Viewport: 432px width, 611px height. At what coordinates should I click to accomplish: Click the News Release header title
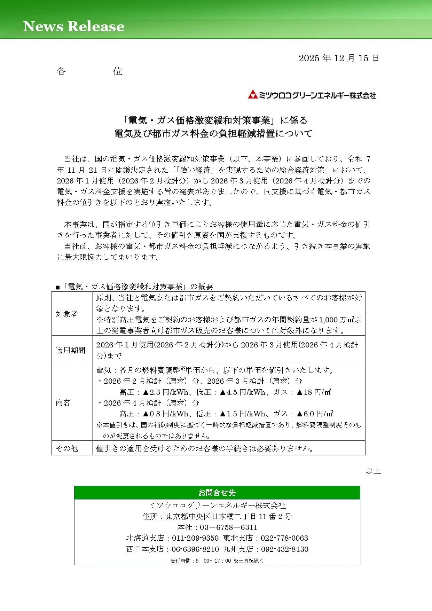pyautogui.click(x=73, y=26)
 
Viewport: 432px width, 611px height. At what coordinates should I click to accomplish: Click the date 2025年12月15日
pyautogui.click(x=338, y=58)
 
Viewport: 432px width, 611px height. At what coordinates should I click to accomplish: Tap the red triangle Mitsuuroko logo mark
pyautogui.click(x=252, y=94)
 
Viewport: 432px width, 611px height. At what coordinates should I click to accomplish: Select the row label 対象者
pyautogui.click(x=67, y=314)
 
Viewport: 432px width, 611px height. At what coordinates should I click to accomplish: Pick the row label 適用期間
pyautogui.click(x=70, y=350)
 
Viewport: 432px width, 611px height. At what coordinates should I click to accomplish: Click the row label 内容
pyautogui.click(x=63, y=403)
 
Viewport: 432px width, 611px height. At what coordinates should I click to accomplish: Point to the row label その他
pyautogui.click(x=67, y=448)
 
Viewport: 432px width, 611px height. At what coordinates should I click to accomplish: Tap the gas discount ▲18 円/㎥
pyautogui.click(x=313, y=392)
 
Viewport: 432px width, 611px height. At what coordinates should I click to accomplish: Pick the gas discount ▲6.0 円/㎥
pyautogui.click(x=315, y=414)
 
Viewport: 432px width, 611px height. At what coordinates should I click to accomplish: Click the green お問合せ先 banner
pyautogui.click(x=217, y=493)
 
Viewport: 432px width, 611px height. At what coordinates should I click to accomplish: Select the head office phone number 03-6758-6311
pyautogui.click(x=228, y=527)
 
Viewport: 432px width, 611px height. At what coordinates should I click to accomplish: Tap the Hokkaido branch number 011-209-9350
pyautogui.click(x=195, y=538)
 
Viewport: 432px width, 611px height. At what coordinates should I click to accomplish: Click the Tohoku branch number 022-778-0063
pyautogui.click(x=284, y=538)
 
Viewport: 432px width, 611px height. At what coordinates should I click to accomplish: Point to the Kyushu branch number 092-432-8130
pyautogui.click(x=285, y=549)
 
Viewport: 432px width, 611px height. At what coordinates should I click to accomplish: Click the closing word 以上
pyautogui.click(x=373, y=471)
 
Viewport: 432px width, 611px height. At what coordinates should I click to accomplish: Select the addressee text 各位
pyautogui.click(x=89, y=71)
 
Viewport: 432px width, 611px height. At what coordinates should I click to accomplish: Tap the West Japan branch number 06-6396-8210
pyautogui.click(x=195, y=549)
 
